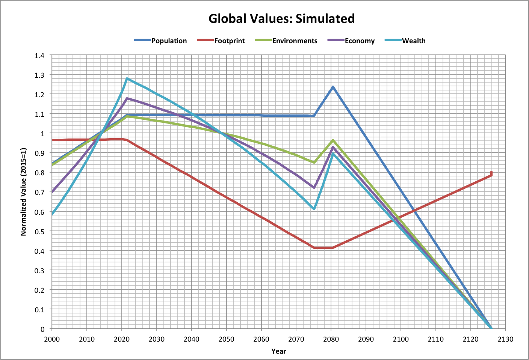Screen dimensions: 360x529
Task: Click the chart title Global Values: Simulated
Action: (281, 18)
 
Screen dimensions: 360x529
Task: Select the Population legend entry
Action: (169, 41)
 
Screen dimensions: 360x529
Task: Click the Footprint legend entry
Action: (229, 41)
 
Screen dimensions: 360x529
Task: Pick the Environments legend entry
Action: (295, 41)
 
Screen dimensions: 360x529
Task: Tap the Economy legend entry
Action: (360, 41)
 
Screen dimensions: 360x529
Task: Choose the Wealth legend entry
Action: (414, 41)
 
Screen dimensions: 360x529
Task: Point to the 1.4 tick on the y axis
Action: (39, 56)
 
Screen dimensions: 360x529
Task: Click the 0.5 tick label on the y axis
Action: (39, 232)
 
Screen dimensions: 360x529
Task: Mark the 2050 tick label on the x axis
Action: (226, 339)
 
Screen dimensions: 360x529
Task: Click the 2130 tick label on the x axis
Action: (505, 339)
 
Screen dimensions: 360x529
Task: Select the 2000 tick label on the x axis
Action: (52, 339)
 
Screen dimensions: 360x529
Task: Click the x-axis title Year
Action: (279, 351)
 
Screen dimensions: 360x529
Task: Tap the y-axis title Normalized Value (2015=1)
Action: (24, 192)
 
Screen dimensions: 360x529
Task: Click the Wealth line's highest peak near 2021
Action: (127, 78)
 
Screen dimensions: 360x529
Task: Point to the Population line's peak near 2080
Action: (333, 87)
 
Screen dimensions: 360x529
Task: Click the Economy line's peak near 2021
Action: (127, 98)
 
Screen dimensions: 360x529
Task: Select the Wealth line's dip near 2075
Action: (314, 209)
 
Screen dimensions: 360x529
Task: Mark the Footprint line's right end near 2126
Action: (491, 173)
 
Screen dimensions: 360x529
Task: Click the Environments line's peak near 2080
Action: (333, 140)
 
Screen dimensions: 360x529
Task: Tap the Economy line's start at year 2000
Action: (52, 192)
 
